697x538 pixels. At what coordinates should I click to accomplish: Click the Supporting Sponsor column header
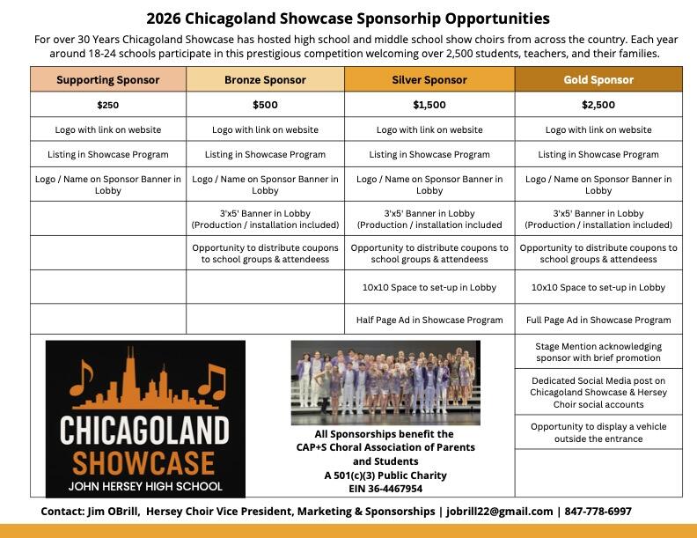tap(108, 79)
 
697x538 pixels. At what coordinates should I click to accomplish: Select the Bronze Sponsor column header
tap(265, 79)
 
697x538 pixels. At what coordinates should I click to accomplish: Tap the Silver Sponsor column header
tap(429, 79)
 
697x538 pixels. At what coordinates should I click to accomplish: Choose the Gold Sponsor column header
tap(598, 79)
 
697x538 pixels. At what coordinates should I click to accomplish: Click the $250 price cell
tap(108, 105)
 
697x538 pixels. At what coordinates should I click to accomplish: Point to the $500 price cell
tap(265, 105)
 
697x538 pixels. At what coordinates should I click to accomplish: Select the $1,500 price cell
tap(429, 105)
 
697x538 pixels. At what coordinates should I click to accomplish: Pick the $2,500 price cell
tap(598, 105)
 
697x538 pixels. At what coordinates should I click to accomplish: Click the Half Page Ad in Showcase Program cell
tap(429, 320)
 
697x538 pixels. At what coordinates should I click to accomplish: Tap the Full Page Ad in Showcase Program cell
tap(598, 320)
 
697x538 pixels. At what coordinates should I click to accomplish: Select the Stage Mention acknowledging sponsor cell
tap(598, 352)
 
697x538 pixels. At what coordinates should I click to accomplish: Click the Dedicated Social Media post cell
tap(598, 392)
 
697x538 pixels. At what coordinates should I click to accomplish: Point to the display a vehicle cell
tap(598, 432)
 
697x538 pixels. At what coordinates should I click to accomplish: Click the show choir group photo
tap(385, 383)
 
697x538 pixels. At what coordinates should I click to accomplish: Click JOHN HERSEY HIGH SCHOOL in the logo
tap(145, 486)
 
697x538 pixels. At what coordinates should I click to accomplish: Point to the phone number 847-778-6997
tap(598, 512)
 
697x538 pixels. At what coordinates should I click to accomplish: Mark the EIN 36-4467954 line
tap(385, 489)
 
